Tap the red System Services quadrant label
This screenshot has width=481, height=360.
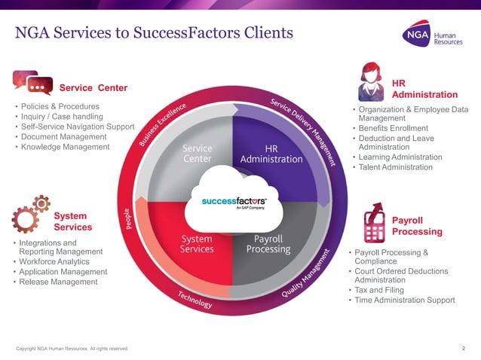pos(198,243)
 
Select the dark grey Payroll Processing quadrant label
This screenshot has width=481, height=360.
pos(268,243)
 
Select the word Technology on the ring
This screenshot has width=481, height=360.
pos(195,299)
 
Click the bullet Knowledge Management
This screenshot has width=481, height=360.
pos(66,147)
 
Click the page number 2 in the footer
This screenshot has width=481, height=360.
pos(463,347)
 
